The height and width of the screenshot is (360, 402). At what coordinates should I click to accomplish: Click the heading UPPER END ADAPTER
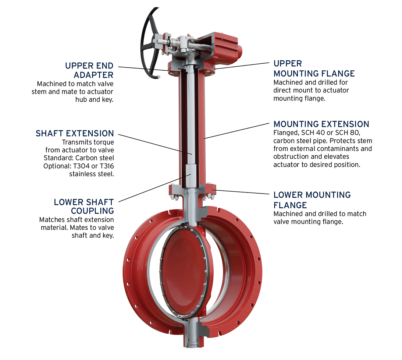pos(89,70)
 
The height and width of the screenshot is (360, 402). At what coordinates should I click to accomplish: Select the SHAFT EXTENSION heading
pos(75,133)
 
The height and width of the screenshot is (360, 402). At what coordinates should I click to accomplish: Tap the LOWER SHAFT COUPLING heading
pos(84,206)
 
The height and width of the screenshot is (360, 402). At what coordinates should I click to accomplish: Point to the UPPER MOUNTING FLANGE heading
pos(314,68)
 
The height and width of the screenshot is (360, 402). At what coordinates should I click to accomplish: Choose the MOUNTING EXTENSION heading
pos(321,124)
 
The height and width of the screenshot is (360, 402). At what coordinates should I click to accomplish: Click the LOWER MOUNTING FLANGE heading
pos(312,200)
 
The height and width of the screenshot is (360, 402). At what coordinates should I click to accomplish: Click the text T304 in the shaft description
pos(81,166)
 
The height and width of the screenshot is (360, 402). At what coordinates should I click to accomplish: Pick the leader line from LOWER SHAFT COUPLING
pos(154,188)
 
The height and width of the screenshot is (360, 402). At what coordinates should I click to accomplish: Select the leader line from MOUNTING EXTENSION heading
pos(236,131)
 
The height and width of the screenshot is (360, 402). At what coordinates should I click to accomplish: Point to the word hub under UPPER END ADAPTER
pos(81,99)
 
